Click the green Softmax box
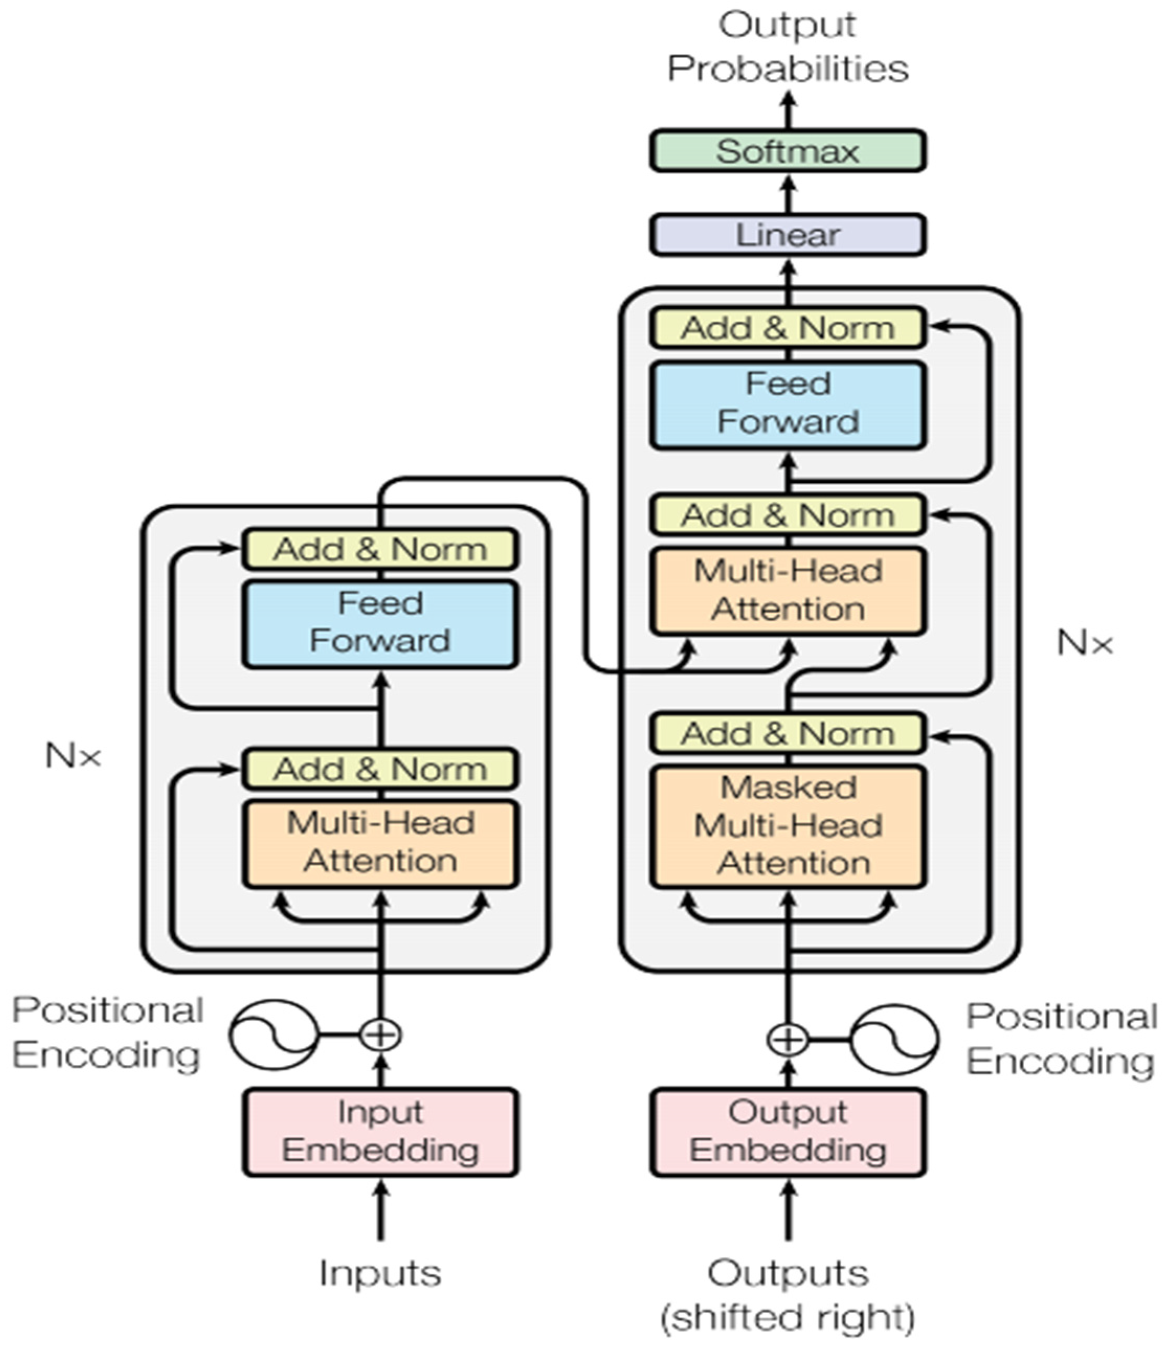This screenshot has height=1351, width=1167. (787, 151)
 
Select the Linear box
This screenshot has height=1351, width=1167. (787, 235)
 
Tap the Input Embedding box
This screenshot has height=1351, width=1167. (381, 1132)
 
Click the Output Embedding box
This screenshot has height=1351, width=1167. (788, 1132)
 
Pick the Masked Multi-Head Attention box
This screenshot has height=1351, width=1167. (788, 826)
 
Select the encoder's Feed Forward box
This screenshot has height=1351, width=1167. (381, 623)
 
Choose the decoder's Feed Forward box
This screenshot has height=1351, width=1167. (788, 404)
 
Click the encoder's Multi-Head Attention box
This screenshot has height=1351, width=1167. (381, 843)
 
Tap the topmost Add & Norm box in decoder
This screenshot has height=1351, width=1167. (788, 328)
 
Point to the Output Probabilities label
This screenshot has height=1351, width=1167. (788, 47)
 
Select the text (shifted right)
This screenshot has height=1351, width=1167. (788, 1317)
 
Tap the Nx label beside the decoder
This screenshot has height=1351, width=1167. (1084, 644)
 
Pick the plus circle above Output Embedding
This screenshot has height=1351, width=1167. (788, 1039)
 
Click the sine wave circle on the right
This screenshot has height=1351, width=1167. (894, 1039)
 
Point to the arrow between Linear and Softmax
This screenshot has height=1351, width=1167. (788, 193)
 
